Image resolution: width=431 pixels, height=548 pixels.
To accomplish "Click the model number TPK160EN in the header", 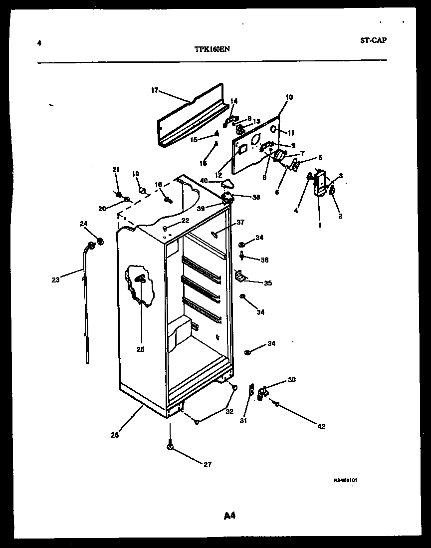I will (212, 49).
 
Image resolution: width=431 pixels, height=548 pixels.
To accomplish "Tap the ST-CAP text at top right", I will (373, 40).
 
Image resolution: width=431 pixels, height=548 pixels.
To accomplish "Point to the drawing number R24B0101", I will (346, 480).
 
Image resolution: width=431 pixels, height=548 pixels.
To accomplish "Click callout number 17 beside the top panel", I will (154, 90).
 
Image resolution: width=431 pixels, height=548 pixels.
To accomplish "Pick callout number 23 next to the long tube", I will (55, 280).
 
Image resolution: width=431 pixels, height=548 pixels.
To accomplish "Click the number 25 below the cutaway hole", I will (140, 349).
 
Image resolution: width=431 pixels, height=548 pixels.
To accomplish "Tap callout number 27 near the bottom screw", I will (207, 465).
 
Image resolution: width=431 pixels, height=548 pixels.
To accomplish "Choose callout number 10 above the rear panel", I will (289, 97).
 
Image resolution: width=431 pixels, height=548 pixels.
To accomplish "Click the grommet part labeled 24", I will (101, 242).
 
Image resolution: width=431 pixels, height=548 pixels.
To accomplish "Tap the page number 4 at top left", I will (39, 43).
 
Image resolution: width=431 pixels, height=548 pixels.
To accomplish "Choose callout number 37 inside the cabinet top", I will (240, 222).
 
